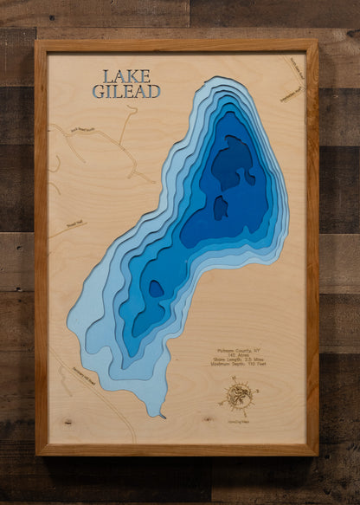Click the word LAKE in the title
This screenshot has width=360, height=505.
[x=126, y=76]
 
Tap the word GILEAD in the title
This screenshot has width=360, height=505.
[x=126, y=90]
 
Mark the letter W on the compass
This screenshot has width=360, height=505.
[x=224, y=400]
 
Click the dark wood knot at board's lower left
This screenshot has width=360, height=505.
[x=67, y=422]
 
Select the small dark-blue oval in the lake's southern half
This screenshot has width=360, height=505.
[x=156, y=289]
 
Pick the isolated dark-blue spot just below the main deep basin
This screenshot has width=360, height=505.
[x=221, y=208]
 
